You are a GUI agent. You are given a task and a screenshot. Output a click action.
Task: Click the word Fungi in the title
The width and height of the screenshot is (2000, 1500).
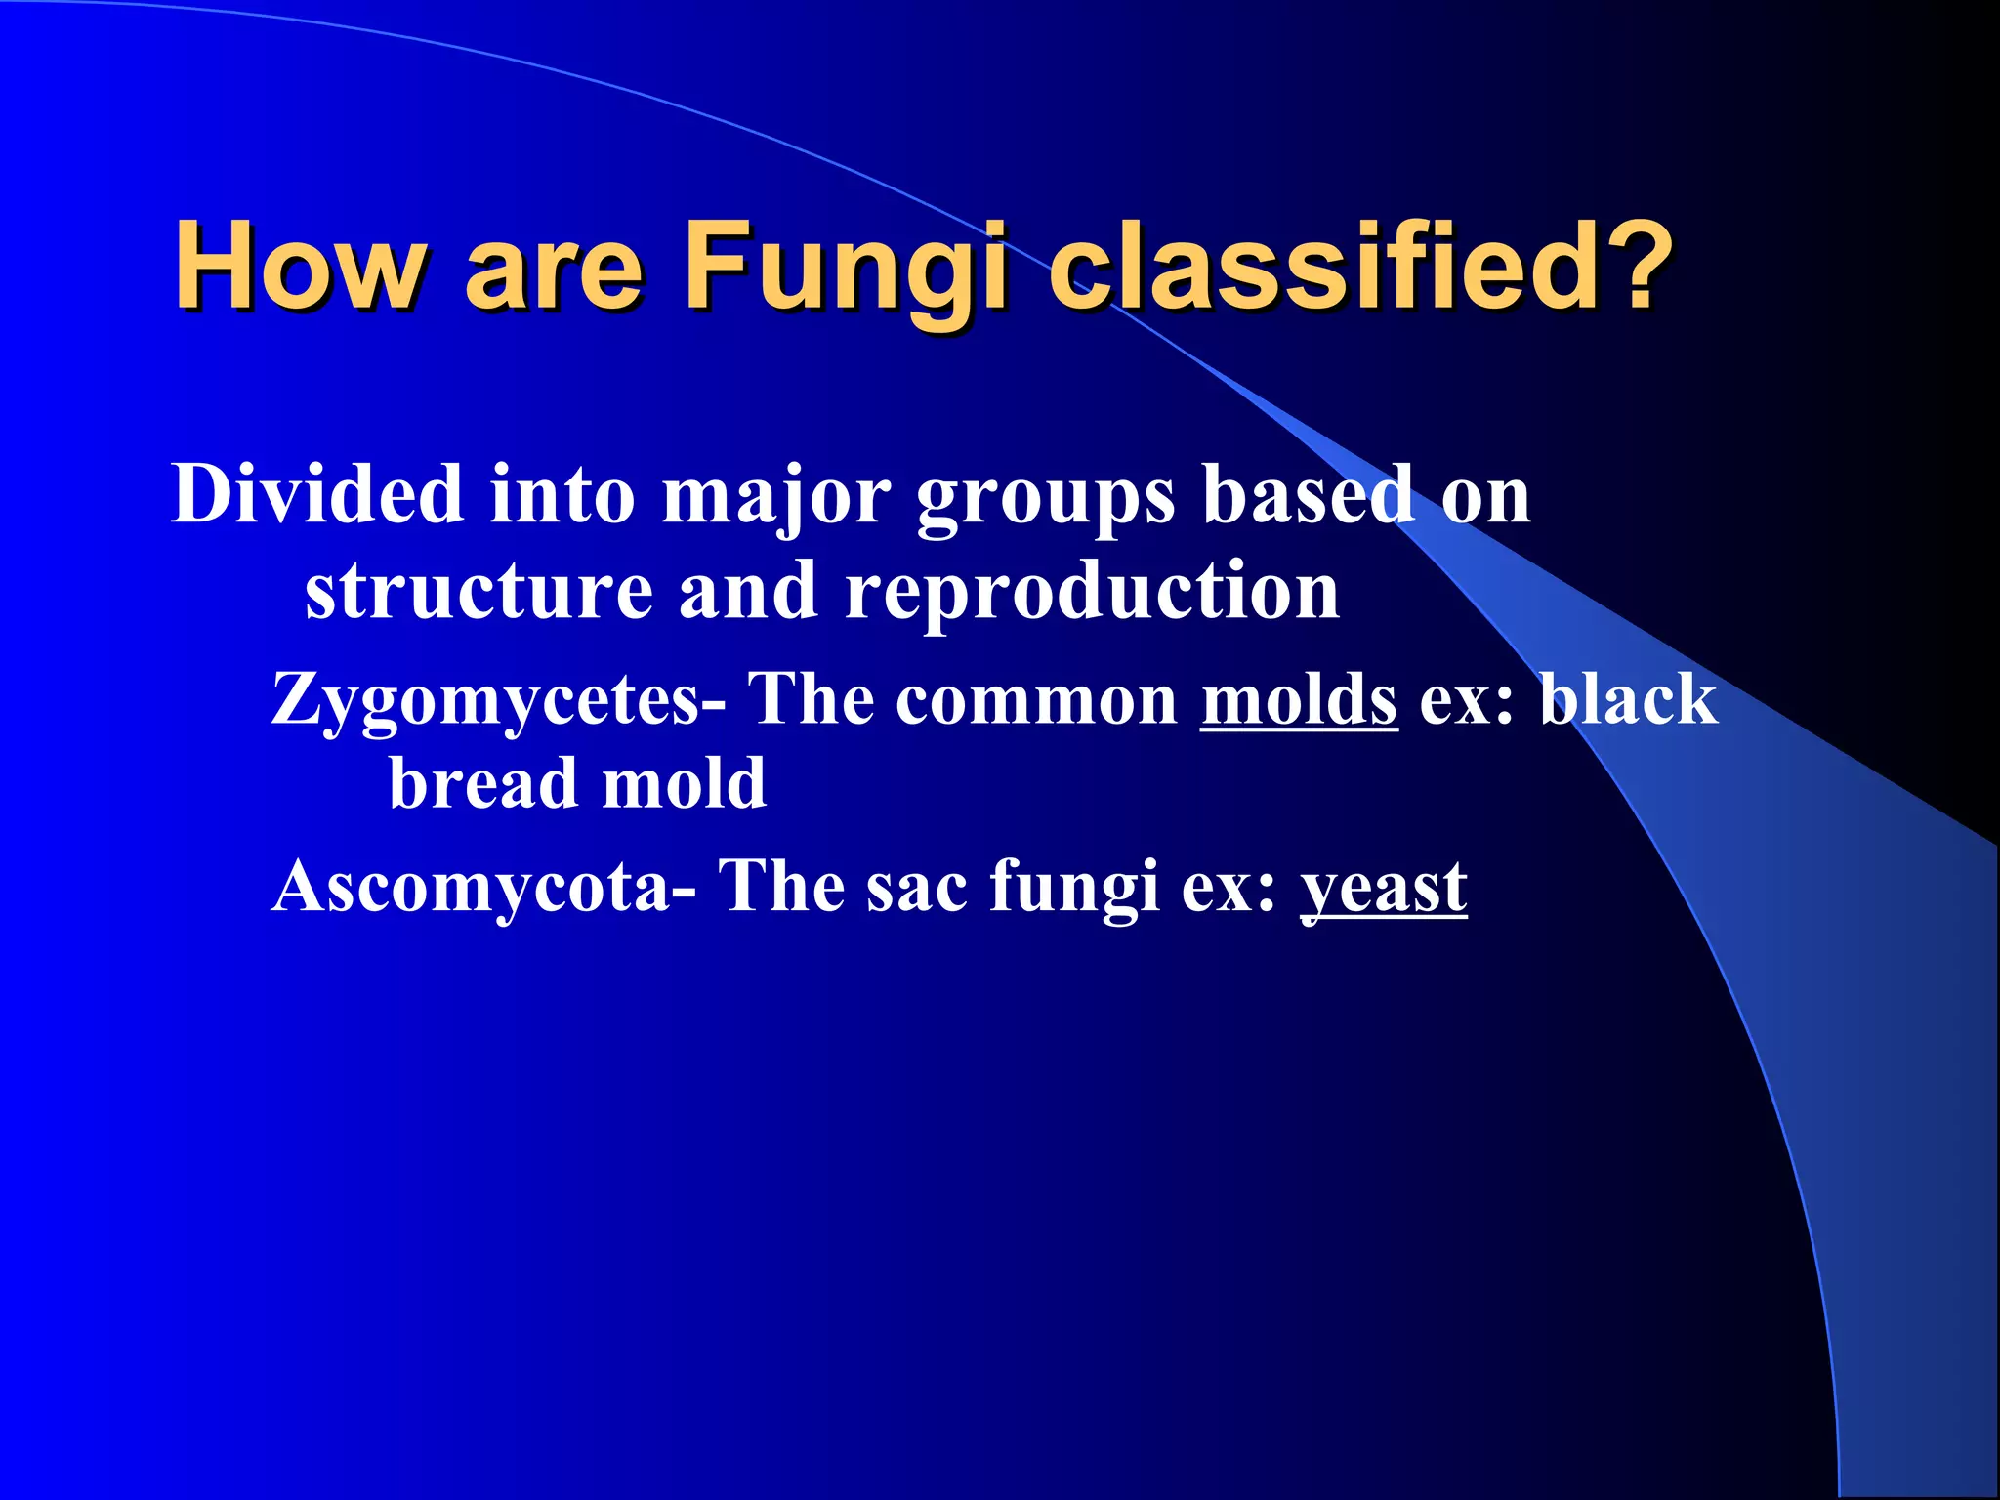pyautogui.click(x=844, y=266)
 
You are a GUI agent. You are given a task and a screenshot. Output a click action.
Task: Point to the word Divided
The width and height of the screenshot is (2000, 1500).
pyautogui.click(x=317, y=494)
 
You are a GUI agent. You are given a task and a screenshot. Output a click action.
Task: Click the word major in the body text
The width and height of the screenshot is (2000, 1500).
pyautogui.click(x=776, y=496)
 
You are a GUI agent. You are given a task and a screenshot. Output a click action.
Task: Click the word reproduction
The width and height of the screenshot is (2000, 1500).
pyautogui.click(x=1092, y=592)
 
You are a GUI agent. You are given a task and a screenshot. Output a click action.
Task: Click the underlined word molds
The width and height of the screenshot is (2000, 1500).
pyautogui.click(x=1299, y=699)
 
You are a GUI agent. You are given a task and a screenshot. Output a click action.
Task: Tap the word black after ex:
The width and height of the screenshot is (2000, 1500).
pyautogui.click(x=1628, y=699)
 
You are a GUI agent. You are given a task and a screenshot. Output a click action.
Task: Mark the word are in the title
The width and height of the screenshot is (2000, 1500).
pyautogui.click(x=554, y=268)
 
